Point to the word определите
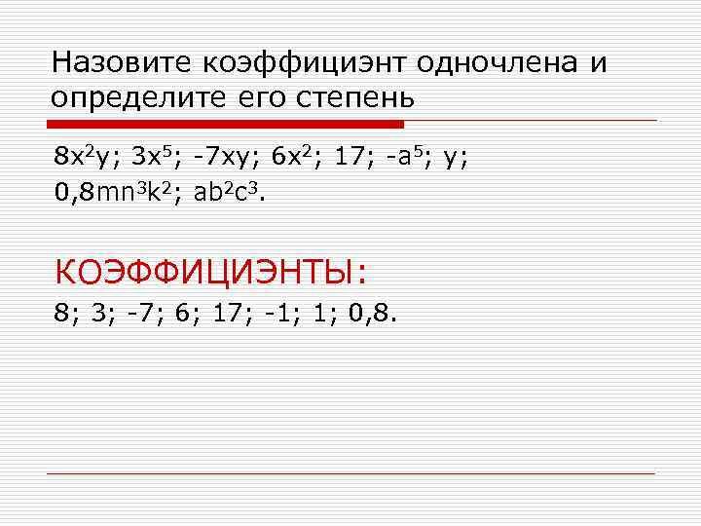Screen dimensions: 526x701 142,98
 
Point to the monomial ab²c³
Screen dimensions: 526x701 228,192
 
